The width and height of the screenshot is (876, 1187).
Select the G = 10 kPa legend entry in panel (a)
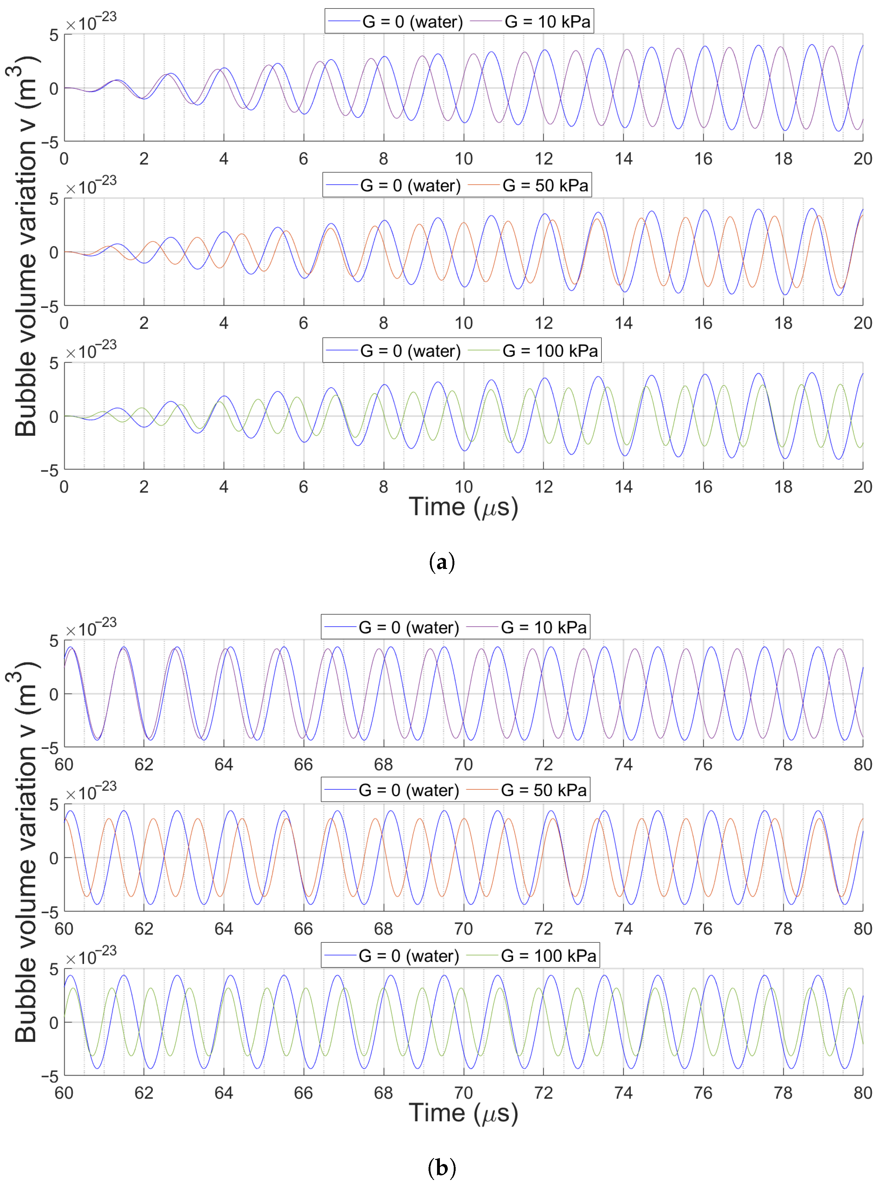click(x=547, y=22)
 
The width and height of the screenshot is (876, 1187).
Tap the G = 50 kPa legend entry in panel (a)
click(x=544, y=185)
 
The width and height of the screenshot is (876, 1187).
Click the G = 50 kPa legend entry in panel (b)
click(x=543, y=791)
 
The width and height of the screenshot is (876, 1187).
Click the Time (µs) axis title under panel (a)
click(x=463, y=507)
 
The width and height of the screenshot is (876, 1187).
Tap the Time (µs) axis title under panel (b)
click(x=463, y=1112)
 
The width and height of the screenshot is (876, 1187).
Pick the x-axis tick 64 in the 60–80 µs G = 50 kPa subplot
click(x=224, y=929)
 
